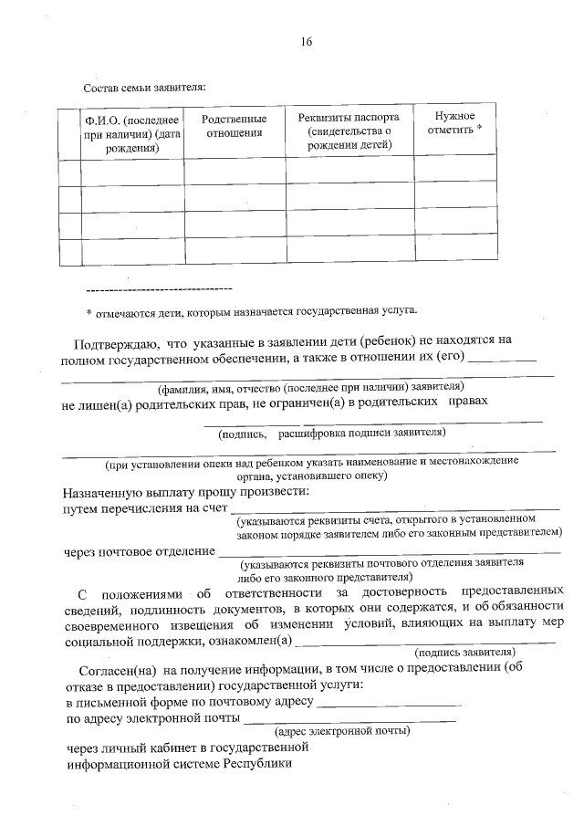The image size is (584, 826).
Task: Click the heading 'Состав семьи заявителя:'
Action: (x=144, y=89)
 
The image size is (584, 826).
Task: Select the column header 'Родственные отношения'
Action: (x=234, y=126)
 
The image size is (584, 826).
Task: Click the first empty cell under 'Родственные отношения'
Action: (x=234, y=171)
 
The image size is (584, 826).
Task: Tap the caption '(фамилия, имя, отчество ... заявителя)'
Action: (x=310, y=385)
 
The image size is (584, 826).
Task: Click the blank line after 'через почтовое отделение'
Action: (x=383, y=553)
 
